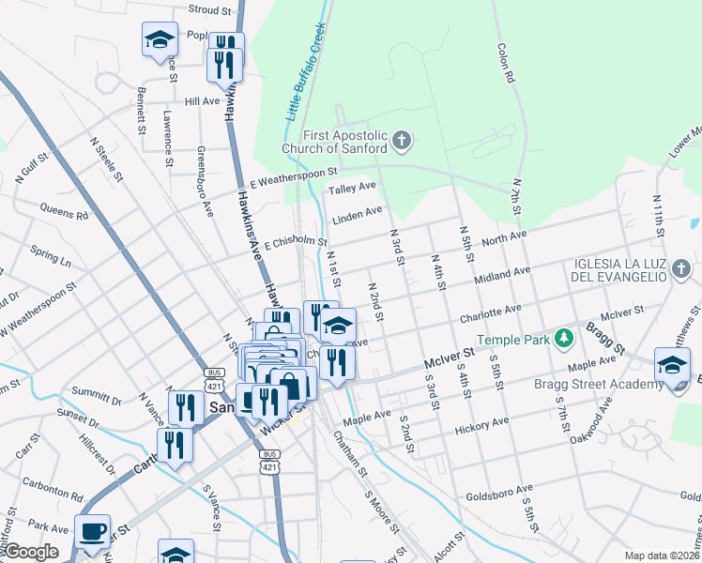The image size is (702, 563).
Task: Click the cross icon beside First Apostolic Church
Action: point(401,142)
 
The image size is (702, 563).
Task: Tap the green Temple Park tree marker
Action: point(563,338)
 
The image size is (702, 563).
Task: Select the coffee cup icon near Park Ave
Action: point(93,531)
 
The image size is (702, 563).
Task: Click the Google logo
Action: point(31,552)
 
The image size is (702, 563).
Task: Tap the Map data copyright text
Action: point(663,555)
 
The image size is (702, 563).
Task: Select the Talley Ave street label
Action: point(352,190)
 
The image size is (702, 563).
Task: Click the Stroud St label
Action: point(209,10)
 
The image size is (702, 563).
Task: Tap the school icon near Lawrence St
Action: point(160,39)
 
